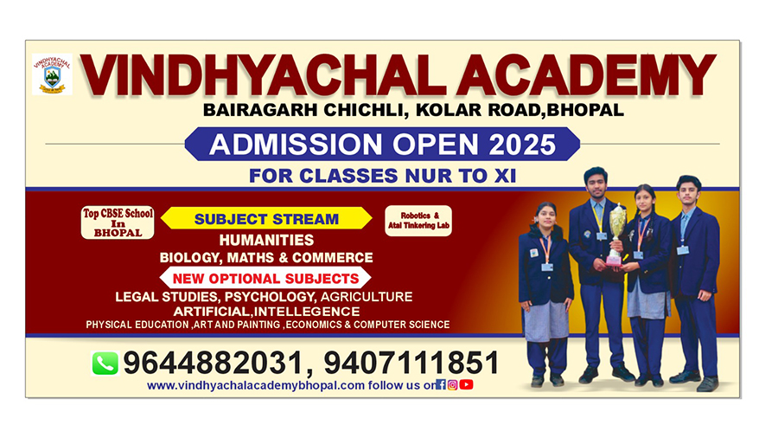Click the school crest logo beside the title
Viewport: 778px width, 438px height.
click(52, 74)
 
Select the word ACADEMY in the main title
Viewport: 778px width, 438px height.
click(586, 75)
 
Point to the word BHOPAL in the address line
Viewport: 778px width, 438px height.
click(585, 110)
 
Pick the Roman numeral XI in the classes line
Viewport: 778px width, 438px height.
click(505, 176)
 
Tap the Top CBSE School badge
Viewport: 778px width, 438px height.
click(118, 222)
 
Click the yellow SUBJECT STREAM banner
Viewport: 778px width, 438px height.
click(266, 218)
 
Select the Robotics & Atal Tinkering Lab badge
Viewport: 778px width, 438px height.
click(418, 221)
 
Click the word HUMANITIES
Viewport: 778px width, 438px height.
click(266, 241)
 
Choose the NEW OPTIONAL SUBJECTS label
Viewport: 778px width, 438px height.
click(265, 278)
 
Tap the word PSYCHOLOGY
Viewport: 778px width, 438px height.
click(270, 297)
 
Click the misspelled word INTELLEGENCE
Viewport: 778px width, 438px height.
click(307, 312)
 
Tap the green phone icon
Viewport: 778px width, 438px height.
click(105, 363)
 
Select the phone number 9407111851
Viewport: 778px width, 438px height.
click(411, 363)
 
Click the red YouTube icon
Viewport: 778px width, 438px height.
click(466, 384)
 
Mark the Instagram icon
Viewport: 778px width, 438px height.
click(452, 385)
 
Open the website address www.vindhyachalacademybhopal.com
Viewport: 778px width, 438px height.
click(256, 385)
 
